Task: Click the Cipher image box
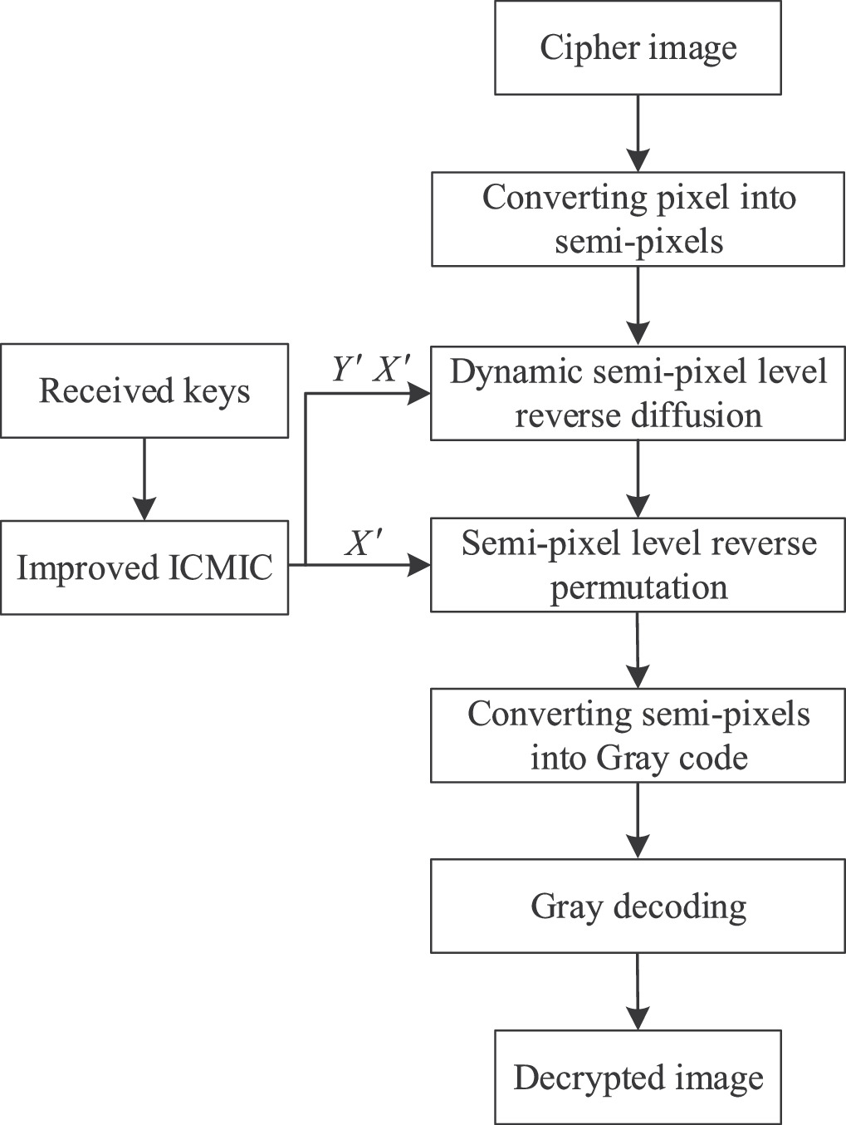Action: point(638,47)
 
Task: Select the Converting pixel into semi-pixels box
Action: point(638,219)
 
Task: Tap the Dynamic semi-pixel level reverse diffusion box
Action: point(638,393)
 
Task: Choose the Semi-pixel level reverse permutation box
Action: point(638,565)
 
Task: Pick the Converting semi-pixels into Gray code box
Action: point(638,735)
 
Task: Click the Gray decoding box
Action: point(638,906)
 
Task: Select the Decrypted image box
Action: point(638,1078)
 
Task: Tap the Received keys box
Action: point(144,391)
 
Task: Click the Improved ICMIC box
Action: point(144,567)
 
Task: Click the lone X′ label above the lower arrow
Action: point(364,544)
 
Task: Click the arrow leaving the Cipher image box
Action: point(638,133)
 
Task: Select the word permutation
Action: point(638,587)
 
